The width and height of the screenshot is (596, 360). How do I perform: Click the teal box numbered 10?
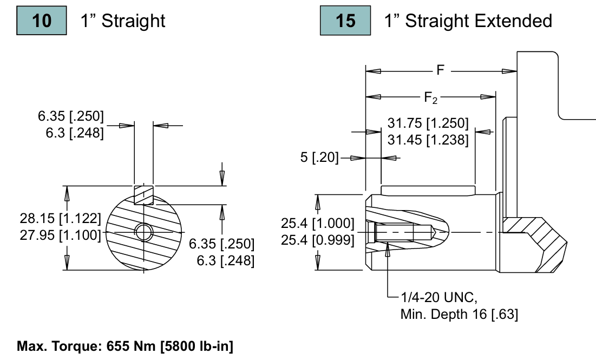pos(42,21)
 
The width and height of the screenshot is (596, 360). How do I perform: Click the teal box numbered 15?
pos(345,21)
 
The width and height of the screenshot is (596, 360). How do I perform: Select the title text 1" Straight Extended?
pos(468,21)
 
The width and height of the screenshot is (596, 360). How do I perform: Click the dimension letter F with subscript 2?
pos(430,97)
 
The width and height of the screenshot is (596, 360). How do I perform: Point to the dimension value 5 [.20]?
pos(319,158)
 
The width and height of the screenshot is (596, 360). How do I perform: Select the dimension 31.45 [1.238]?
pos(428,140)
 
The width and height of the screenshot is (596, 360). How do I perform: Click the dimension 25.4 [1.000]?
pos(318,223)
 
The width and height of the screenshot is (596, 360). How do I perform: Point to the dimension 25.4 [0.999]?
pos(318,239)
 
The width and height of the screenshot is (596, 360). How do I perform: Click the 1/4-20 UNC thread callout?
pos(438,297)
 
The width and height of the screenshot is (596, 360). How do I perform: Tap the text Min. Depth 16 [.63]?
pos(459,314)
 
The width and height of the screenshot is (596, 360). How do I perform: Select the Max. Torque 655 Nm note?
pos(125,346)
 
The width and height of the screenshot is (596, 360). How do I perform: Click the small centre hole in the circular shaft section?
pos(144,232)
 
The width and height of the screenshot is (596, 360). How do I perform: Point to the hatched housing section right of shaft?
pos(536,238)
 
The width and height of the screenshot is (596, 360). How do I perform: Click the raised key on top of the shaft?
pos(428,190)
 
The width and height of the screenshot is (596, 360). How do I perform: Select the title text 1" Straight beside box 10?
pos(123,21)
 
